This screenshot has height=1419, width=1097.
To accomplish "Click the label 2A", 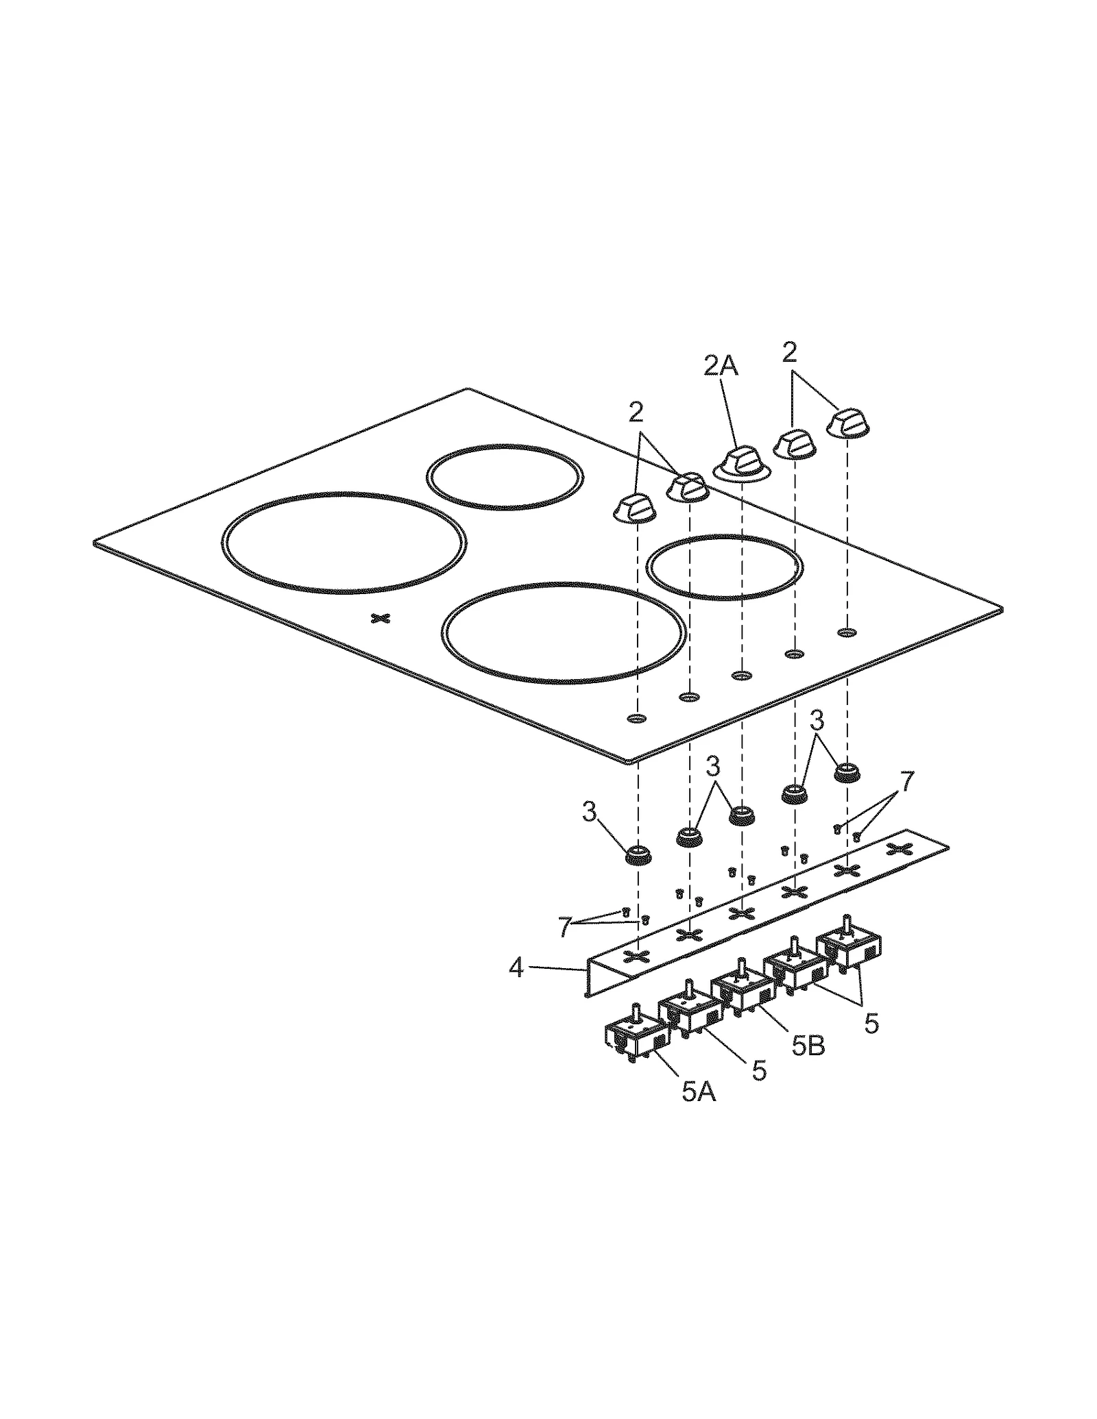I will (x=721, y=367).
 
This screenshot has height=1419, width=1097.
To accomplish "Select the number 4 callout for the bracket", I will (x=516, y=968).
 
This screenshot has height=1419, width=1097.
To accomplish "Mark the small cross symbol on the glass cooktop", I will (x=380, y=619).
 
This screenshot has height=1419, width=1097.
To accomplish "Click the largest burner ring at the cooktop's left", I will (x=344, y=542).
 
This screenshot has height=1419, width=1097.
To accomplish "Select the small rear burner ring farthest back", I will (x=505, y=477).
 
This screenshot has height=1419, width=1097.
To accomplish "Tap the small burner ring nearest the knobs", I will (x=725, y=567).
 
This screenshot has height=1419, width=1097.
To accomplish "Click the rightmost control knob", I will (x=849, y=422).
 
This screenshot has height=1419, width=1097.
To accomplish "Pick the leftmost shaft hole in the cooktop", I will (x=637, y=718).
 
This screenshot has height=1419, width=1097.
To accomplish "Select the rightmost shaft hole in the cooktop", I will (x=847, y=632).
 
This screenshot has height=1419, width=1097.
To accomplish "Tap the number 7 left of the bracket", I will (x=564, y=928).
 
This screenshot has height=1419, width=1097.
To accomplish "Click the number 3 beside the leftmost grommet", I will (x=590, y=813).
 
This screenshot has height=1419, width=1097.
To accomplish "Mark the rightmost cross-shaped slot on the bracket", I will (x=898, y=849).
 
